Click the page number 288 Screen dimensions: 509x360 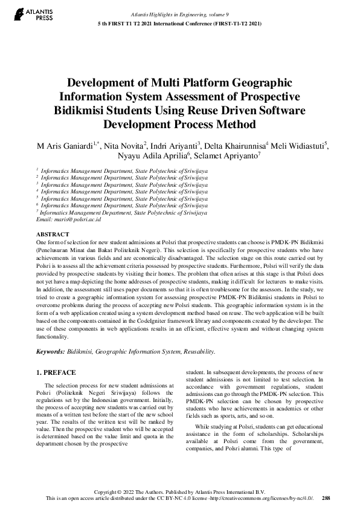coord(326,498)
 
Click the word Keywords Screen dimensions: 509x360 coord(50,351)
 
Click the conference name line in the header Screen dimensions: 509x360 coord(180,24)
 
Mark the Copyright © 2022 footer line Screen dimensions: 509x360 coord(179,491)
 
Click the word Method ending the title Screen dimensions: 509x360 coord(234,125)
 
